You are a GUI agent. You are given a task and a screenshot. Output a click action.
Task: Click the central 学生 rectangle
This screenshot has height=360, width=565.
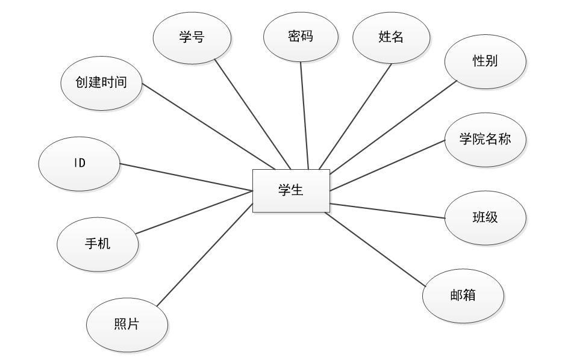[291, 191]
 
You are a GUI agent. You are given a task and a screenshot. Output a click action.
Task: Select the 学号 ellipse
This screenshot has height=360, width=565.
[192, 37]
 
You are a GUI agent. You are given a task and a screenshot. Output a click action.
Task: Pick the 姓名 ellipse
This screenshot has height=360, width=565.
[390, 37]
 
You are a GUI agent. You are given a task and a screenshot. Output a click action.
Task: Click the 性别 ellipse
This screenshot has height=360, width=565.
[485, 61]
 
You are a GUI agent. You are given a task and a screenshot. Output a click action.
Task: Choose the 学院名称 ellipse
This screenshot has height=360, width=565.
[485, 139]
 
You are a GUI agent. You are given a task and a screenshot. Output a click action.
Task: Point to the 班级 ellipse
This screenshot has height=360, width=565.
[485, 217]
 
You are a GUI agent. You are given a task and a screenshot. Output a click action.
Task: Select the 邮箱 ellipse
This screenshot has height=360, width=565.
[463, 296]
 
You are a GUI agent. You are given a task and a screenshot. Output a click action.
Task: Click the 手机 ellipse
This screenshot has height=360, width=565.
[98, 244]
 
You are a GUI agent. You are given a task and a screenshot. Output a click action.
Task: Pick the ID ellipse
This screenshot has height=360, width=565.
[80, 164]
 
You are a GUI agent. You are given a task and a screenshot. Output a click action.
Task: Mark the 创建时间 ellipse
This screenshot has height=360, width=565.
[102, 82]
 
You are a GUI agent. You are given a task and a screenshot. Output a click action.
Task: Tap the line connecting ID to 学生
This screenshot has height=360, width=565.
[187, 177]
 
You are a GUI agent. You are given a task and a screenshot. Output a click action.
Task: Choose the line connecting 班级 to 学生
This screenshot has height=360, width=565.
[388, 211]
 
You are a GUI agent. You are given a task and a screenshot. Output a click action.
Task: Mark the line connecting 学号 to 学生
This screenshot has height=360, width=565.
[253, 114]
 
